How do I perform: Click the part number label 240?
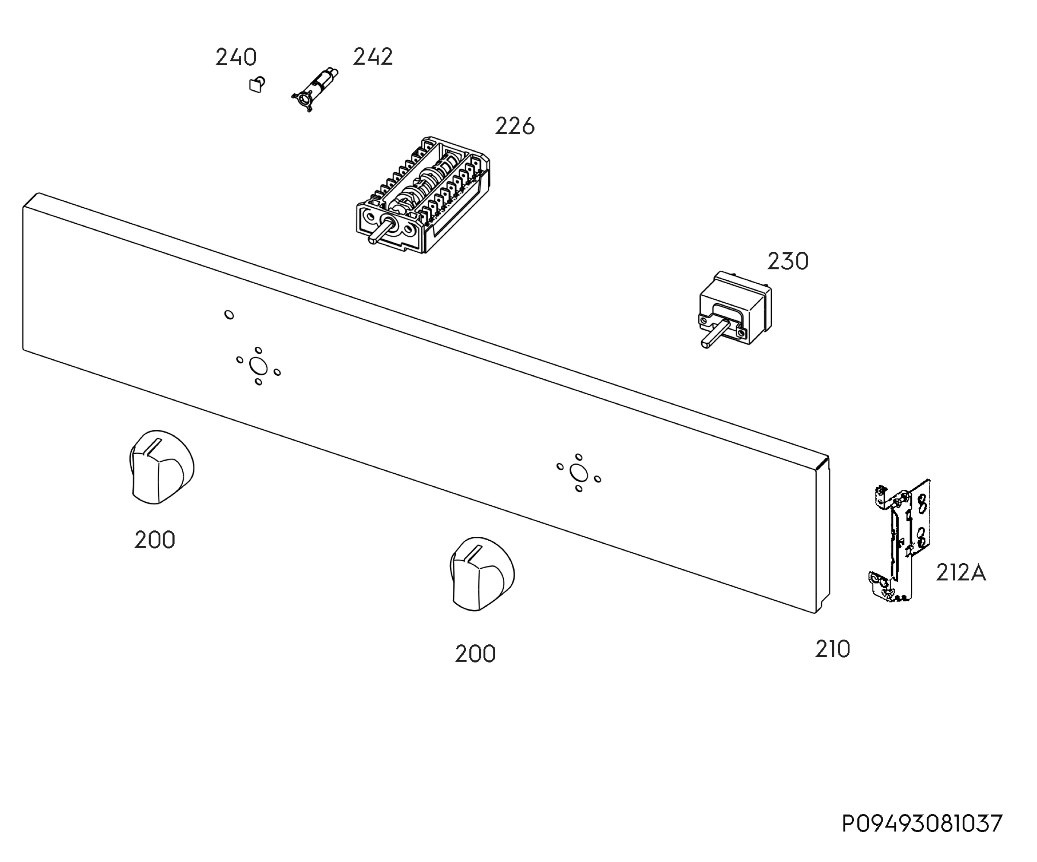pos(236,58)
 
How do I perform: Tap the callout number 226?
pos(515,127)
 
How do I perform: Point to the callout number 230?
pos(788,261)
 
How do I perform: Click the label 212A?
pos(961,573)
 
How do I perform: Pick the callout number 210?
pos(833,649)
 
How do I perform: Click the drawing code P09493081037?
pos(922,824)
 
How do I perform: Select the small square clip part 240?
pos(257,84)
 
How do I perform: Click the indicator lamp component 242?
pos(315,89)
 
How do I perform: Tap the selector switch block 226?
pos(423,195)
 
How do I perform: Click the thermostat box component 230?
pos(736,307)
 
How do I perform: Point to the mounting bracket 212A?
pos(899,540)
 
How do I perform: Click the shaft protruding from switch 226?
pos(381,232)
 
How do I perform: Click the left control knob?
pos(162,466)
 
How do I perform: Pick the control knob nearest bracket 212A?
pos(482,574)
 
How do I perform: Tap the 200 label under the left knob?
pos(155,540)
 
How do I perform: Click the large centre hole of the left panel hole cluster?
pos(258,367)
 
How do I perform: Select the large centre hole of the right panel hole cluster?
pos(578,473)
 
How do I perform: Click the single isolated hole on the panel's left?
pos(229,314)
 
